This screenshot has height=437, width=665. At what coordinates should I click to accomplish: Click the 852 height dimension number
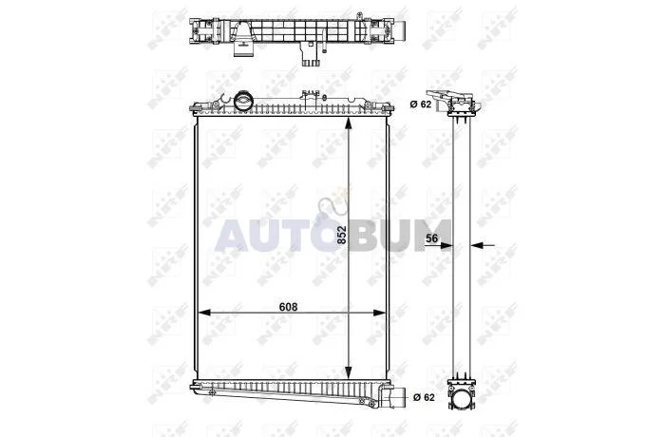[x=342, y=235]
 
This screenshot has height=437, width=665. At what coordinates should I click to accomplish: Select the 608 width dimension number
[x=289, y=306]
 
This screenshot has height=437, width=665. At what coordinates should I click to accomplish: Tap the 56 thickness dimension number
[x=431, y=238]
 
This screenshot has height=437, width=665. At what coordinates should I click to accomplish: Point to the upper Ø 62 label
[x=420, y=104]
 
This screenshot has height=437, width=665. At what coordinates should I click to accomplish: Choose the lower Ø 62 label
[x=424, y=397]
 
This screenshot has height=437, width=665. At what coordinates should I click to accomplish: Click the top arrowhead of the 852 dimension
[x=349, y=123]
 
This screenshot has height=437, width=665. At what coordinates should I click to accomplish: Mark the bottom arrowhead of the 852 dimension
[x=349, y=372]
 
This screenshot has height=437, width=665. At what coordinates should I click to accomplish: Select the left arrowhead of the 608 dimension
[x=205, y=313]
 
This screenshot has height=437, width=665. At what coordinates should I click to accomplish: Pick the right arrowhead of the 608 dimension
[x=379, y=313]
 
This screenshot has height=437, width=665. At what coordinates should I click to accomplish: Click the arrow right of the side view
[x=483, y=245]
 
